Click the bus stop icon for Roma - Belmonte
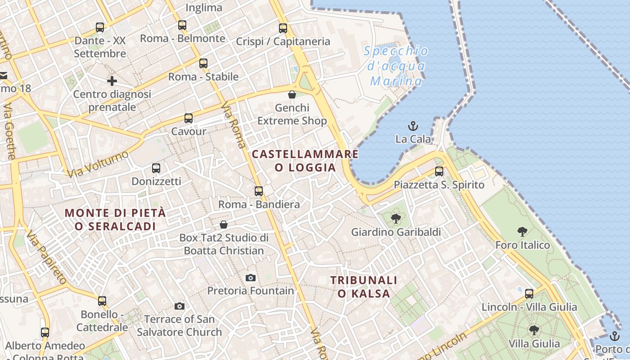point(182,25)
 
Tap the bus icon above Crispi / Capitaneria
point(283,28)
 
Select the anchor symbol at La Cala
point(413,126)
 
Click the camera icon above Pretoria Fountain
point(251,278)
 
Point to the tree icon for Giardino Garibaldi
point(396,219)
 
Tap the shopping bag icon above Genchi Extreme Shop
point(292,94)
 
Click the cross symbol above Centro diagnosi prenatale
point(112,81)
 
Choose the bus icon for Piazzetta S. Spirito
point(439,171)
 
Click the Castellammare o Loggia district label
point(305,161)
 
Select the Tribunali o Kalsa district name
point(364,287)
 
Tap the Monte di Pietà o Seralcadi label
point(115,219)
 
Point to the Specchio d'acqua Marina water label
point(396,66)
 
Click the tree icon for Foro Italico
point(522,232)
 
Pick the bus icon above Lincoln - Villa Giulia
point(529,294)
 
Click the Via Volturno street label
point(97,164)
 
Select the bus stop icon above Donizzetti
point(156,168)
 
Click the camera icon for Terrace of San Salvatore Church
point(180,306)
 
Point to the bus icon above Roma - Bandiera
point(259,191)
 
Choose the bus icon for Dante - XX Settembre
point(100,27)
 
